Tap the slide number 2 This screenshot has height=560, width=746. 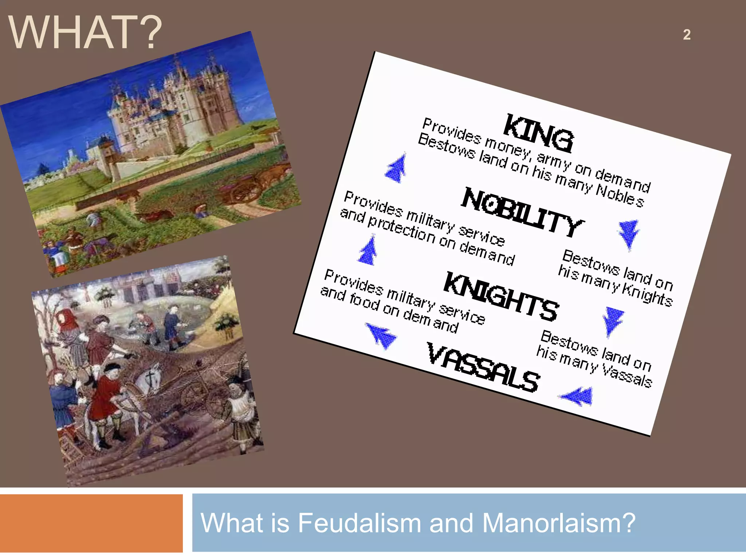click(687, 35)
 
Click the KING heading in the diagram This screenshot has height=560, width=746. click(538, 133)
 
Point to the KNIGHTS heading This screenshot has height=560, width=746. click(501, 296)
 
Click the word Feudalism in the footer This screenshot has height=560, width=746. click(360, 523)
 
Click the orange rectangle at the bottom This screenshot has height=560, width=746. click(91, 523)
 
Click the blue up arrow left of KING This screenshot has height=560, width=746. click(396, 168)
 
